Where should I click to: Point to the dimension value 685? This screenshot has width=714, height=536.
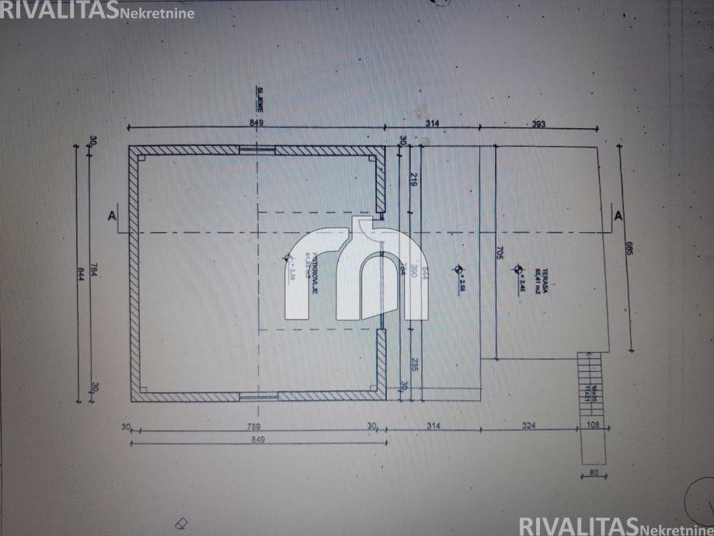pyautogui.click(x=629, y=249)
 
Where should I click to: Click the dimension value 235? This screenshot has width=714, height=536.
pyautogui.click(x=413, y=364)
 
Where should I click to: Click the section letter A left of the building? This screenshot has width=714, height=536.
pyautogui.click(x=113, y=216)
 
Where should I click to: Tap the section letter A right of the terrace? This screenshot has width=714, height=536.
pyautogui.click(x=618, y=216)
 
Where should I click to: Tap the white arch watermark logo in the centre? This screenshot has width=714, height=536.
pyautogui.click(x=357, y=268)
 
